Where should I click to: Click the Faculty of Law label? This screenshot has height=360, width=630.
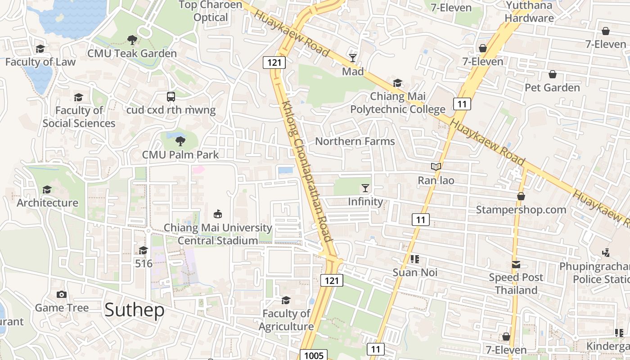point(40,62)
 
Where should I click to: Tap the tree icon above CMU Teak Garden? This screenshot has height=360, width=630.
point(132,40)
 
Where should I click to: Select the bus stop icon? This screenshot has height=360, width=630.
point(171,96)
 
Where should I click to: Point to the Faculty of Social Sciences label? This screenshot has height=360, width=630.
point(79,117)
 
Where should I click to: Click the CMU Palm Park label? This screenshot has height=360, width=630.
point(180,155)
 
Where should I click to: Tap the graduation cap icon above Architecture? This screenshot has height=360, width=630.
point(47,190)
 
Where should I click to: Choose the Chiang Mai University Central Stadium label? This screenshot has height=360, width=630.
point(218,234)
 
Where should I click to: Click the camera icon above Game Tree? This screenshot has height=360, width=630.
point(62,295)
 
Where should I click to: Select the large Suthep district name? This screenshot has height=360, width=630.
point(135,310)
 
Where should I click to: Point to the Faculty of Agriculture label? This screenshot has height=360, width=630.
point(286,319)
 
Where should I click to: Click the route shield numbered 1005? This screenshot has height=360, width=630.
point(314,355)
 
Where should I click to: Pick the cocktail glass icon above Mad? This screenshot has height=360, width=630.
point(353,58)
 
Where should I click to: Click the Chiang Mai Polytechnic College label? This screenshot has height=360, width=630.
point(398,103)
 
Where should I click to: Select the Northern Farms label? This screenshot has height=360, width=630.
point(355,141)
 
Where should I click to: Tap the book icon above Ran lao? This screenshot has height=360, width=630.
point(436,167)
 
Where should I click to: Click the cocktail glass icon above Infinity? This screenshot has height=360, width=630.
point(365,188)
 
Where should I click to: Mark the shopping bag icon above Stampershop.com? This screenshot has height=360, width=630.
point(521,197)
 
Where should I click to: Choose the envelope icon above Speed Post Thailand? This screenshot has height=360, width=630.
point(516,265)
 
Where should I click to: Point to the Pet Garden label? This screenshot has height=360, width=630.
point(552,88)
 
